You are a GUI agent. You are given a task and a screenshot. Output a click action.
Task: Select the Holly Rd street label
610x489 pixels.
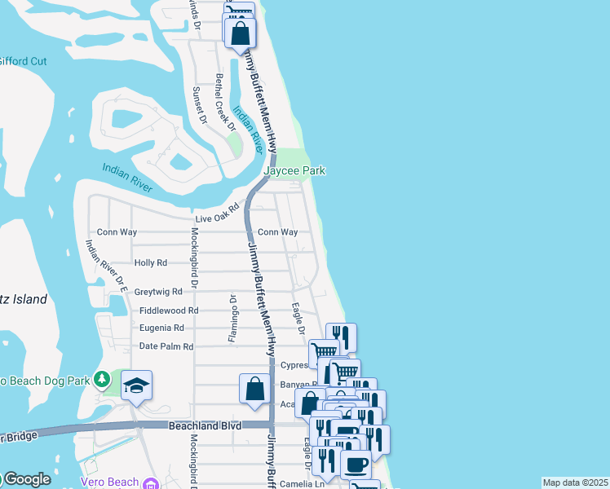pos(150,263)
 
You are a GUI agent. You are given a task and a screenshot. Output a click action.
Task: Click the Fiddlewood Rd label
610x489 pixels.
pos(169,311)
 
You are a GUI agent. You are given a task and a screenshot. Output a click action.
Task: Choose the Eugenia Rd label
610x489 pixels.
pos(161,328)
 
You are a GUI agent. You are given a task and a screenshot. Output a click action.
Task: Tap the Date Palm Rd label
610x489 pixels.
pos(166,346)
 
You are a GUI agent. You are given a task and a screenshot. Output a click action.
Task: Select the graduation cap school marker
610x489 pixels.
pos(136,385)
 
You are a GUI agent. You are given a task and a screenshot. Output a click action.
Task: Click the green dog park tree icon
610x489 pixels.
pos(101,379)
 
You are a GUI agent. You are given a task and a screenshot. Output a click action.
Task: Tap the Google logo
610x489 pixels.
pos(26,479)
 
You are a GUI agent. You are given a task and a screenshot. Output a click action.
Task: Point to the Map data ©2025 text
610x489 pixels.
pos(575,482)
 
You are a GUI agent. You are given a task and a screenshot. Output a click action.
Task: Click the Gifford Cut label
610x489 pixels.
pos(22,61)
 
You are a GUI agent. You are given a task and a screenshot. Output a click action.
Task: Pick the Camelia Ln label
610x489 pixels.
pos(303,482)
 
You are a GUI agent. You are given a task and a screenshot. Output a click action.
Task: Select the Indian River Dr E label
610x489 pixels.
pos(107,265)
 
